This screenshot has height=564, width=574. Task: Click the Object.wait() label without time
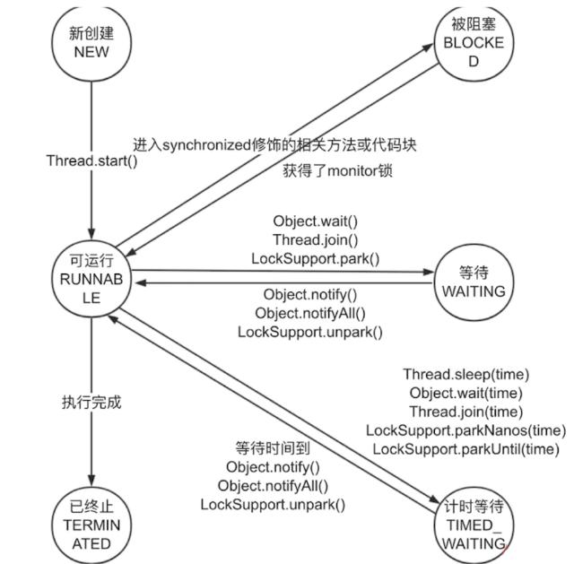tap(315, 220)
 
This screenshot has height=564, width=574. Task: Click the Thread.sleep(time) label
tap(465, 374)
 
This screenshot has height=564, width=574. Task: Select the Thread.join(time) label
tap(465, 412)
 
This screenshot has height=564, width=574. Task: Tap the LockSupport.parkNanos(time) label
tap(465, 430)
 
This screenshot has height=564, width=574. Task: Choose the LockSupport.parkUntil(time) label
tap(465, 449)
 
